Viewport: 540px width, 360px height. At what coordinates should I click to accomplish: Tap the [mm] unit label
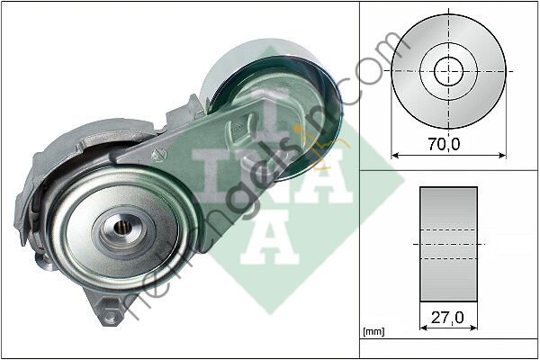pyautogui.click(x=373, y=333)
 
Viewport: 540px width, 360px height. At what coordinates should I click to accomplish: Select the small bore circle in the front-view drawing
pyautogui.click(x=449, y=70)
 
